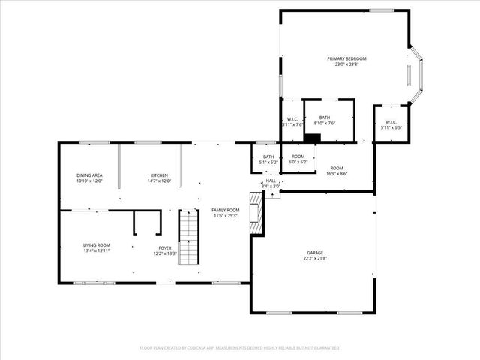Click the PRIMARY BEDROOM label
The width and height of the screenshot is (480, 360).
(x=346, y=58)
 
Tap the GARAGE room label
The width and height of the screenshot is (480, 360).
(x=314, y=253)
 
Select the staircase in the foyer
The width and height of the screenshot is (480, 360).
(x=189, y=236)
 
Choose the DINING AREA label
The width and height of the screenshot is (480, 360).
(x=88, y=175)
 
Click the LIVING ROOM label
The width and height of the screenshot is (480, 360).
(x=97, y=245)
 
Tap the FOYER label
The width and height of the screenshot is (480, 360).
(x=164, y=248)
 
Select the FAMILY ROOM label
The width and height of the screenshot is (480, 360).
(x=224, y=210)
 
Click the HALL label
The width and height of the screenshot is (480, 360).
(x=271, y=181)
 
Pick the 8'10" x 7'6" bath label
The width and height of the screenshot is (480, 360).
(x=325, y=118)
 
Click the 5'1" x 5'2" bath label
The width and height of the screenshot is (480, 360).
(x=268, y=157)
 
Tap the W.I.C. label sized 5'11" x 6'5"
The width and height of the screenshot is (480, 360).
(x=391, y=122)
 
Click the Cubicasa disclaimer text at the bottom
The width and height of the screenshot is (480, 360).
(x=240, y=348)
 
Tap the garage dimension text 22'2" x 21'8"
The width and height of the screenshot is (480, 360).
(x=314, y=258)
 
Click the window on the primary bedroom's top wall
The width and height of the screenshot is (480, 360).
(x=381, y=10)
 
